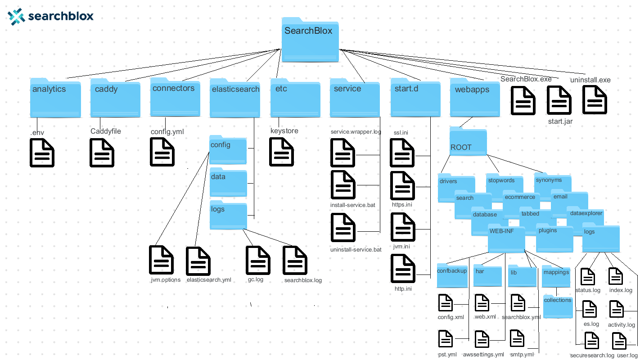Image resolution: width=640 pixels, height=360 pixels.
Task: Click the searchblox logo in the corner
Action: point(50,16)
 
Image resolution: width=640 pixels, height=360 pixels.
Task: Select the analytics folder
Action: point(55,98)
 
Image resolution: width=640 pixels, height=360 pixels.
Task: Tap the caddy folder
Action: point(115,98)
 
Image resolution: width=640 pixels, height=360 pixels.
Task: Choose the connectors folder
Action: point(175,97)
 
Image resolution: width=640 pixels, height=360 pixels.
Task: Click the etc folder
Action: point(295,98)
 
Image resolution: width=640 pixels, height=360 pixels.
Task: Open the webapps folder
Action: point(474,98)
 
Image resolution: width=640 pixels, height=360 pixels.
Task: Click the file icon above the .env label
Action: point(42,153)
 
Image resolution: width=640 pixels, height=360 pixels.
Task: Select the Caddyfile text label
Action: point(106,131)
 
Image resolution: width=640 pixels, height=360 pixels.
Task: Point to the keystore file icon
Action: point(282,152)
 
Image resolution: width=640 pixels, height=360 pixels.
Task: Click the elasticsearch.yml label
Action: point(209,280)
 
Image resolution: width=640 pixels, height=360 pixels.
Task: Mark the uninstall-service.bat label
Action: point(356,249)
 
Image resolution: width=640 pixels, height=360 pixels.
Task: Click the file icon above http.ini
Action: point(403,269)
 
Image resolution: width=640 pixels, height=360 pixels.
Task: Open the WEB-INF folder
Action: point(506,239)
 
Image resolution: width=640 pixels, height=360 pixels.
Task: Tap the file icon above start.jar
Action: point(559,100)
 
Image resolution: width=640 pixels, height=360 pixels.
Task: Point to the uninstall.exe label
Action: point(590,80)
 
